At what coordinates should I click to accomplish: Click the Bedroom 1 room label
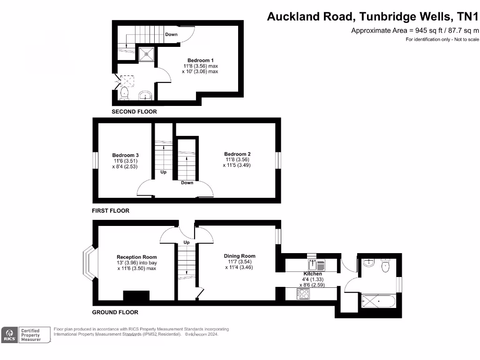tap(200, 60)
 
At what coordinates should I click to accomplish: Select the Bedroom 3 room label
tap(125, 155)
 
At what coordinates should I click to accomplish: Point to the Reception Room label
tap(136, 257)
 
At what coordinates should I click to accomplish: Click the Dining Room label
tap(240, 256)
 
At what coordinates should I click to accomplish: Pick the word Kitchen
tap(313, 274)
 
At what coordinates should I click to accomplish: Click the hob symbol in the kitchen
tap(303, 294)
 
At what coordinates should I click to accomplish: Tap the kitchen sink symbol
tap(316, 265)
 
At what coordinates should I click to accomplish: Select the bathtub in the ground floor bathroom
tap(379, 300)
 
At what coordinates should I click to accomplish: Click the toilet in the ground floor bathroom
tap(386, 266)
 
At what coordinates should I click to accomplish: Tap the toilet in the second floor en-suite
tap(124, 93)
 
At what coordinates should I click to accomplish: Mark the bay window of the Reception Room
tap(88, 264)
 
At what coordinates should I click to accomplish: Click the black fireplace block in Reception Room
tap(136, 295)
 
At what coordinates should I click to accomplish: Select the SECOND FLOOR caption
tap(134, 112)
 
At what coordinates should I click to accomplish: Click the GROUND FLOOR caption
tap(115, 312)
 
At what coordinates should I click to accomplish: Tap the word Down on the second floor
tap(171, 34)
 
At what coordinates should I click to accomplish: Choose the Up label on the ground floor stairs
tap(187, 242)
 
